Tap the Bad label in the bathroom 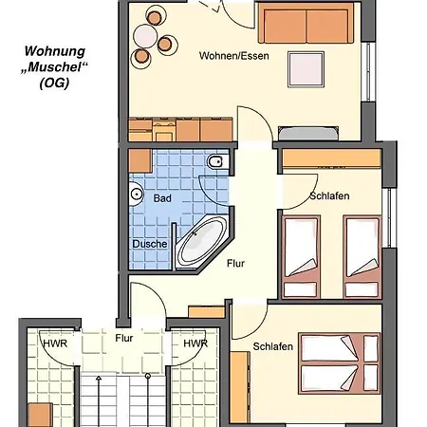[x=161, y=198]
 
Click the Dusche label [x=150, y=243]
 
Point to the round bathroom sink [x=136, y=194]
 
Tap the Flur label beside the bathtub [x=235, y=265]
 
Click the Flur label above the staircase [x=123, y=337]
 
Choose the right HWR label [x=195, y=343]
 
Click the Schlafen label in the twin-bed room [x=329, y=195]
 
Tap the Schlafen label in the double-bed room [x=272, y=347]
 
